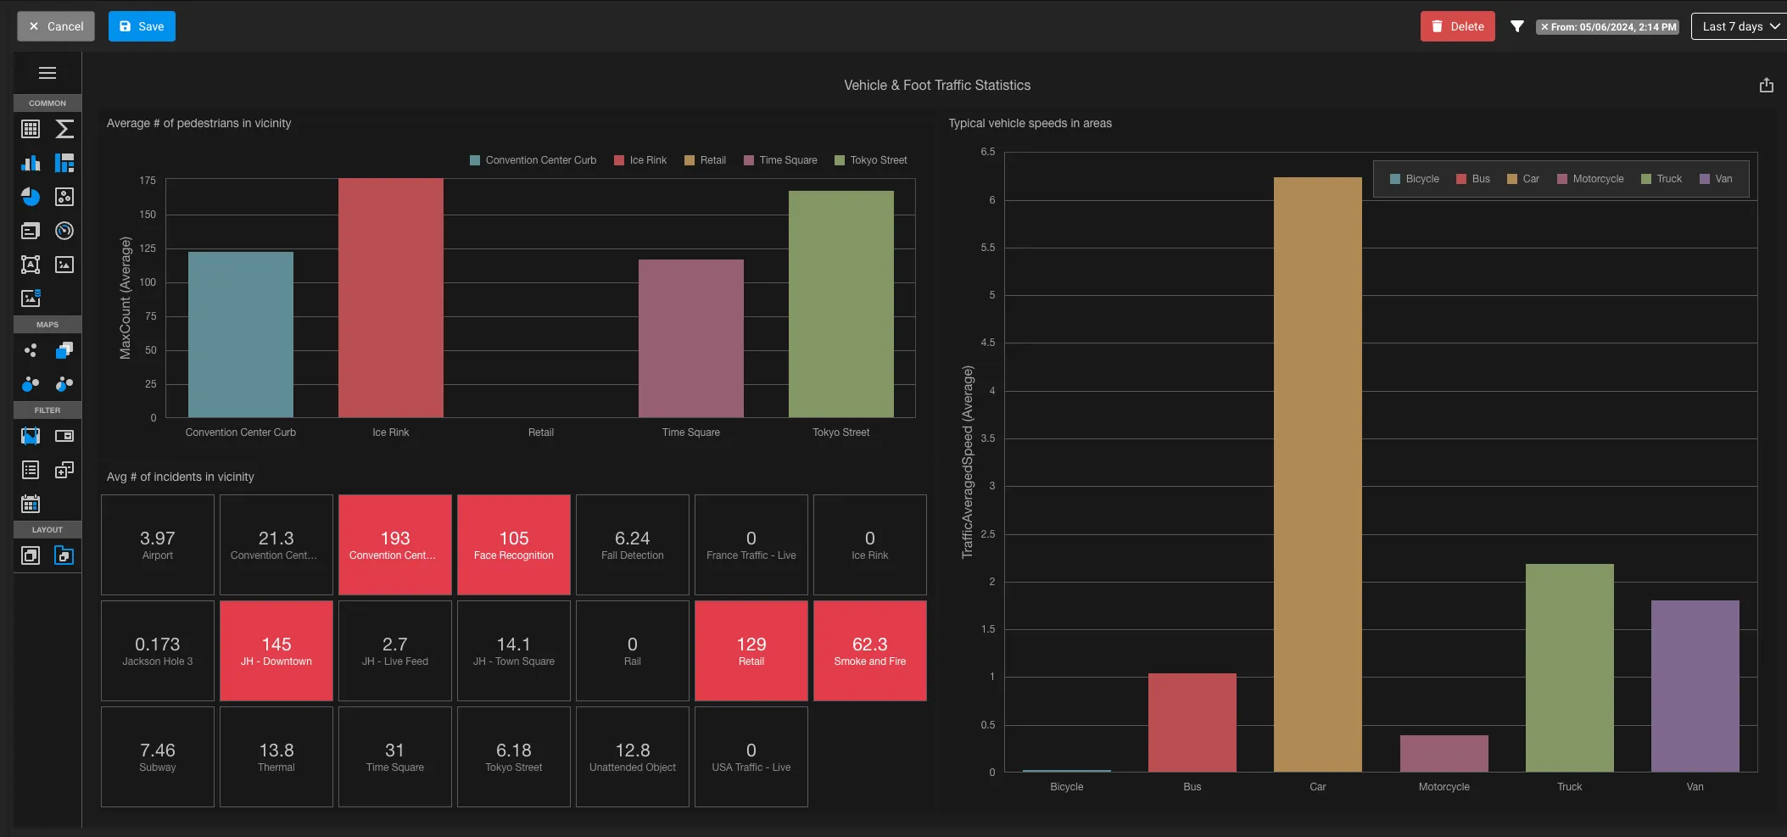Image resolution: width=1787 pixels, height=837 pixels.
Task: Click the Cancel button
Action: click(x=56, y=26)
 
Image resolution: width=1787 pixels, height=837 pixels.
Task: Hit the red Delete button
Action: click(x=1457, y=26)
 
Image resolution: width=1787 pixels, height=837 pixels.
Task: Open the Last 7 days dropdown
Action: click(x=1740, y=26)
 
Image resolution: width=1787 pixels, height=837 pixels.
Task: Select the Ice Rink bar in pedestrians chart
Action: click(x=391, y=298)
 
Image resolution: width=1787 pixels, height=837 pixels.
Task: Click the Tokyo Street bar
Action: click(x=841, y=304)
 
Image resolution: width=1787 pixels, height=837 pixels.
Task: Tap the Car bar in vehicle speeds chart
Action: click(x=1318, y=474)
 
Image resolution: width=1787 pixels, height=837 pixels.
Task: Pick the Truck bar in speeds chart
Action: click(x=1570, y=667)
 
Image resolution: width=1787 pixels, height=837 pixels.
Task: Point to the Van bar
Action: click(x=1695, y=686)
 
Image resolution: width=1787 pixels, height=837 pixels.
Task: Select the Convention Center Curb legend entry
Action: click(x=533, y=160)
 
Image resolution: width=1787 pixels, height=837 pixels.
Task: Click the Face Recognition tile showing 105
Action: click(x=514, y=544)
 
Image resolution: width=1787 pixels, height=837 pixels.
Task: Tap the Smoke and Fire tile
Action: click(x=870, y=650)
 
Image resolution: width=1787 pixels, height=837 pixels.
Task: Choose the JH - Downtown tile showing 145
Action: click(x=276, y=650)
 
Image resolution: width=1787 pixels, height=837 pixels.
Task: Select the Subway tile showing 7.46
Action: click(x=158, y=756)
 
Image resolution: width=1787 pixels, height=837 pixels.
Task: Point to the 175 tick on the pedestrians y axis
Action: click(x=148, y=181)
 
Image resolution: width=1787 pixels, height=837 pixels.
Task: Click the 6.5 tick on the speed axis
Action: click(x=988, y=152)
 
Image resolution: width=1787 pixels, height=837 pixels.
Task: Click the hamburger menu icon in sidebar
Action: click(x=47, y=73)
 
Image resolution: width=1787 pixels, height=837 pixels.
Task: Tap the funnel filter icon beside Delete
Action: click(x=1517, y=26)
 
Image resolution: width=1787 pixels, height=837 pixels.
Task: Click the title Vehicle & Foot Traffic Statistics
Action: click(x=937, y=85)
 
